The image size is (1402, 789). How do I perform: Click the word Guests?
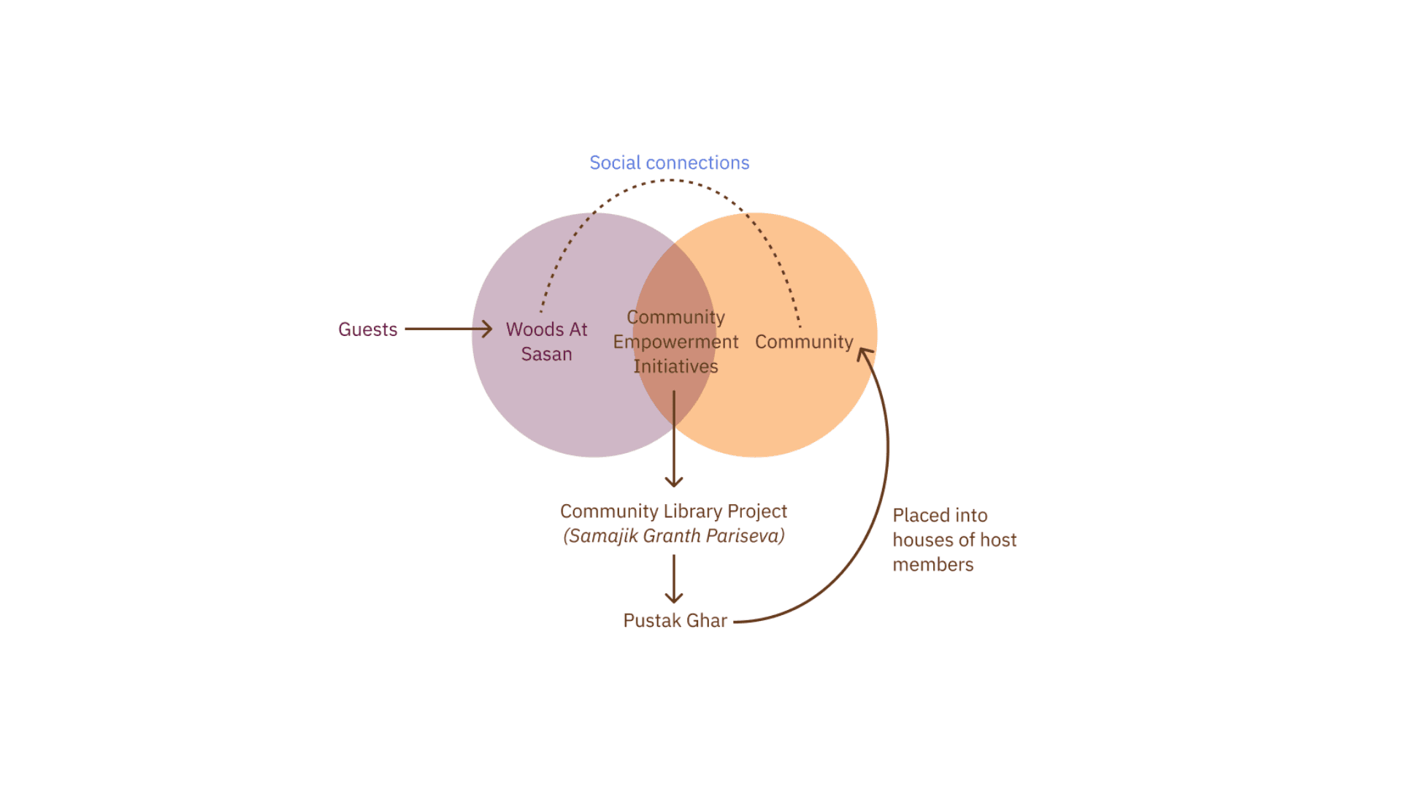(x=367, y=329)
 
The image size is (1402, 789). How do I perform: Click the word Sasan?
(x=546, y=354)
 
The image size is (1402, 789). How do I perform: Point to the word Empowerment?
(x=675, y=342)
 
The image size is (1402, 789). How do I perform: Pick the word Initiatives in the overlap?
(x=675, y=367)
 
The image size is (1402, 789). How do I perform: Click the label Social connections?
(x=669, y=163)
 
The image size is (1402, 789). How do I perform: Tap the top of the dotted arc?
(x=669, y=180)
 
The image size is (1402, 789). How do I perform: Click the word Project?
(x=757, y=511)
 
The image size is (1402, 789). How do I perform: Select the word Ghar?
(x=707, y=621)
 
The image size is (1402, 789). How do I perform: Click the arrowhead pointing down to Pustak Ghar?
(x=674, y=598)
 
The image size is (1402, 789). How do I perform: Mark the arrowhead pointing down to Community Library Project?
(x=674, y=481)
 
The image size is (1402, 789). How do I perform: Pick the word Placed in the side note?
(x=922, y=516)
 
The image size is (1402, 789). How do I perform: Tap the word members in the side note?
(x=932, y=565)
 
